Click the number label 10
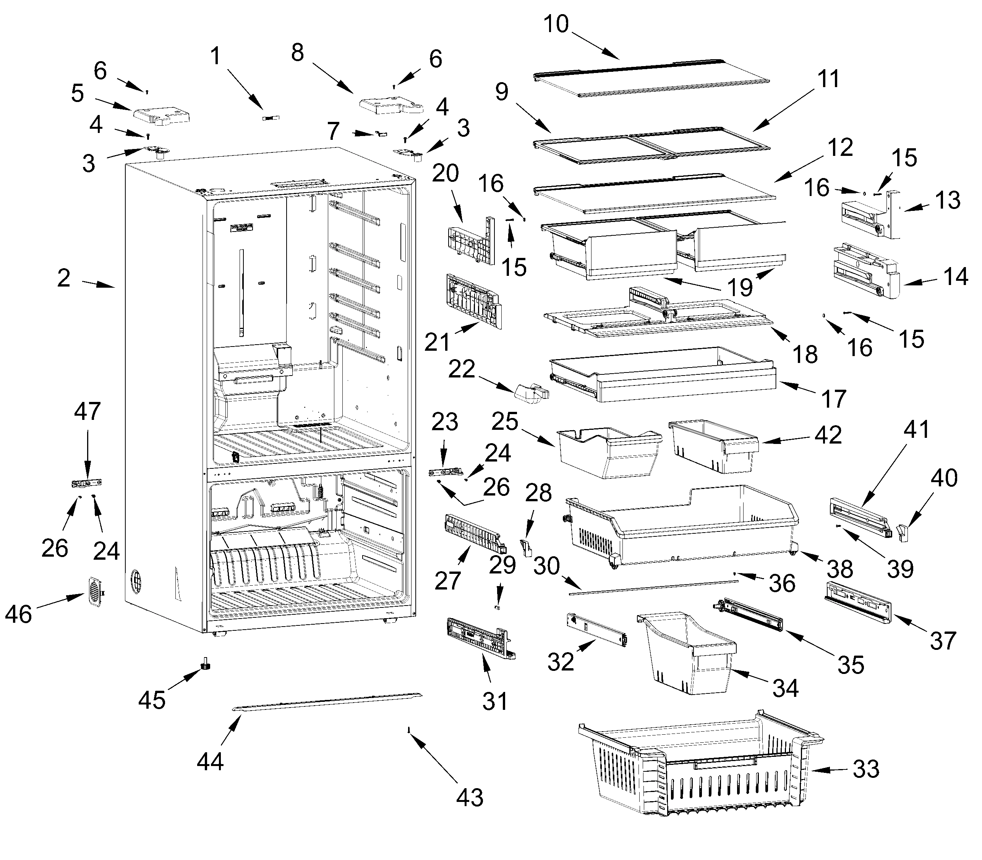coord(556,24)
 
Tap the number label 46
coord(18,614)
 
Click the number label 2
coord(64,279)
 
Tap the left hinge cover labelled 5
coord(161,115)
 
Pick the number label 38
coord(840,569)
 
